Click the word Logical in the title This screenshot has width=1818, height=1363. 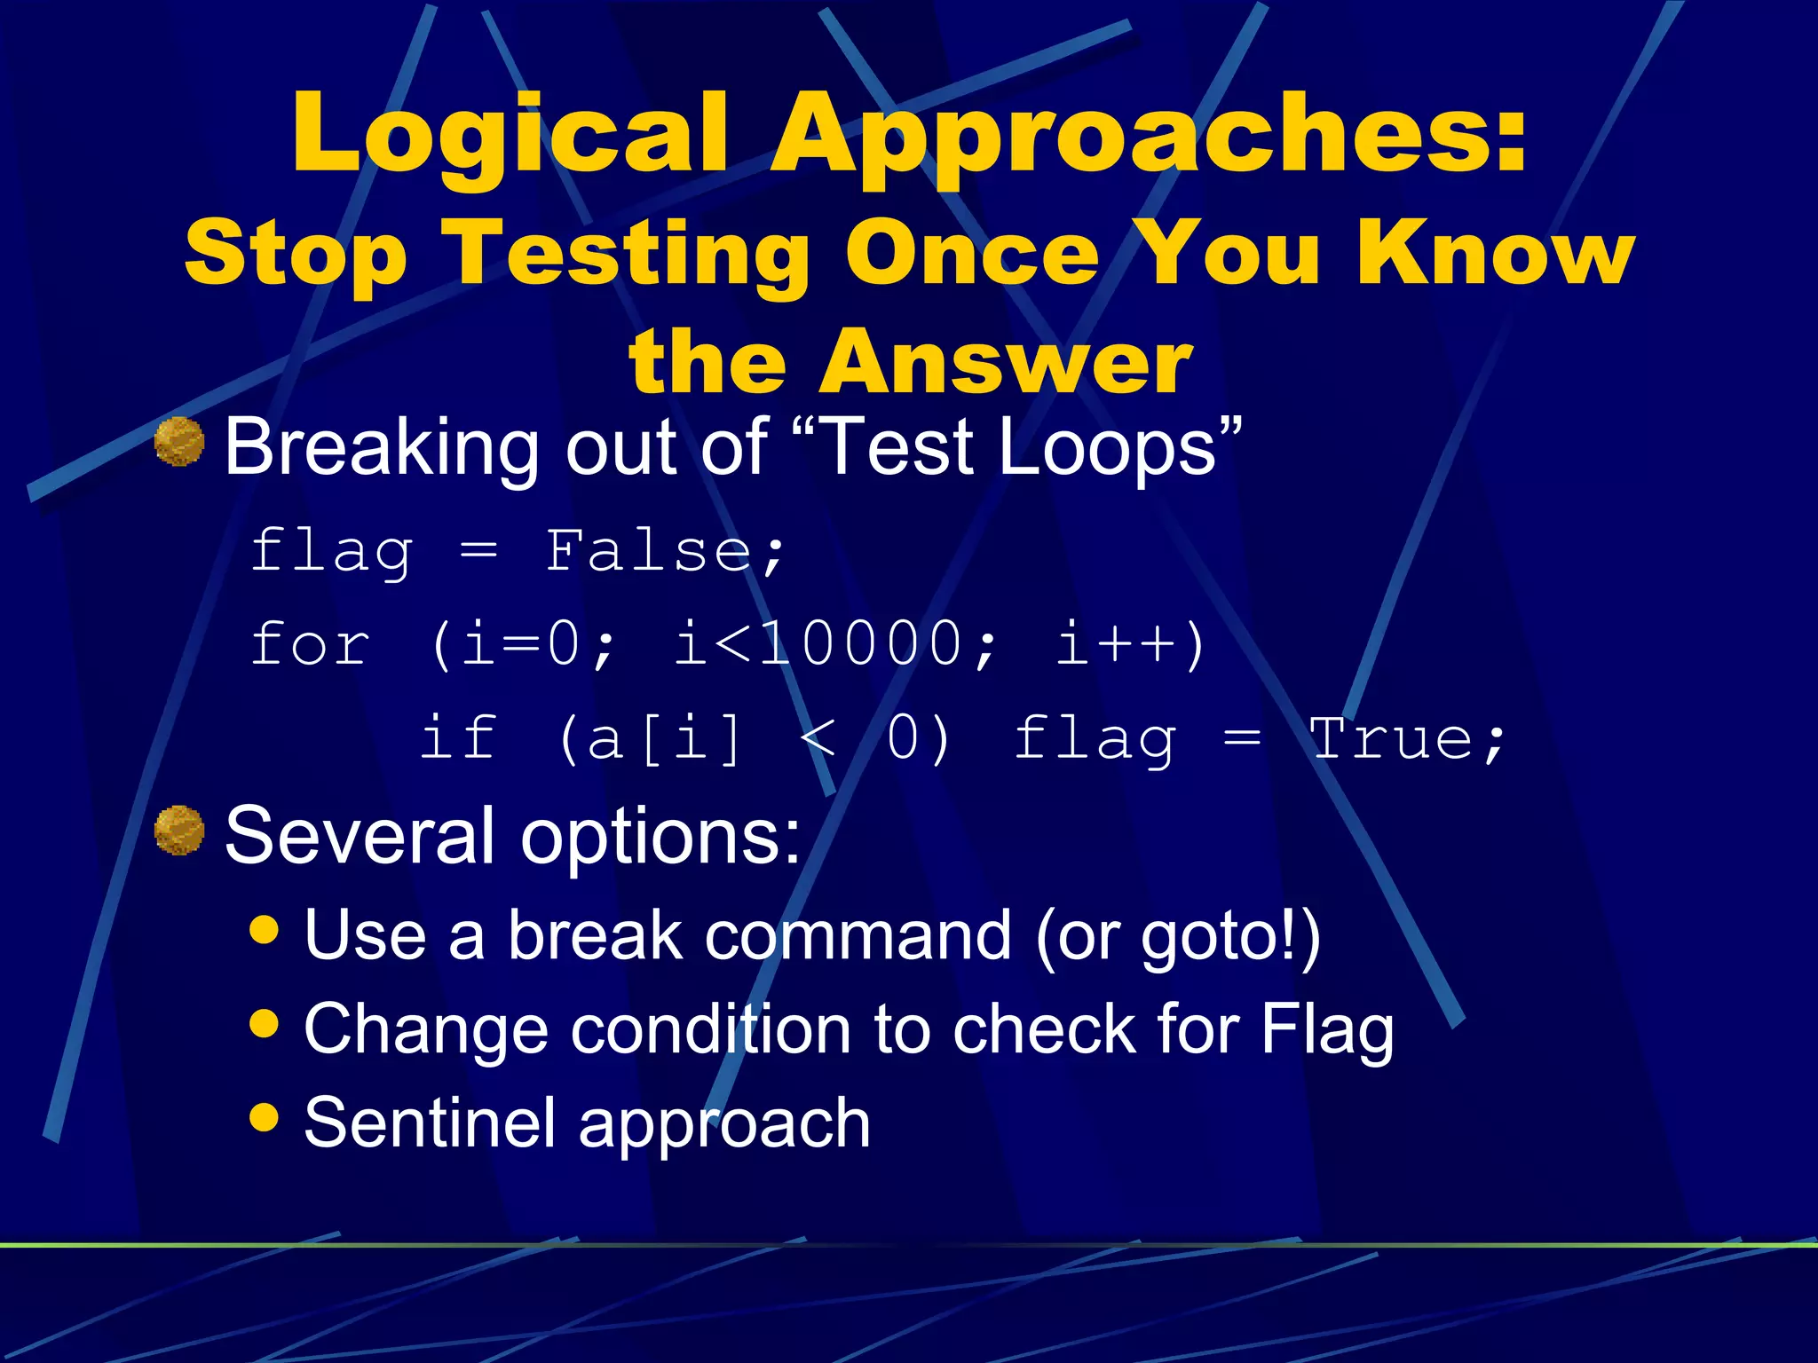pos(510,135)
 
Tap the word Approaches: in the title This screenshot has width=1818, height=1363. pos(1150,135)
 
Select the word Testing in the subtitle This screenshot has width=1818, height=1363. pos(630,255)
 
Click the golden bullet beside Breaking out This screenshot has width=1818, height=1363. pos(179,442)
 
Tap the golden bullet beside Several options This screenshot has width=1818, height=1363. pos(179,831)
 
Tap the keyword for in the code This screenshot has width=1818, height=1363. pos(310,644)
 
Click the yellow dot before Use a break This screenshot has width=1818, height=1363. pos(265,929)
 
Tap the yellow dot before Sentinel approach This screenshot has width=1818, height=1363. pos(265,1116)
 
